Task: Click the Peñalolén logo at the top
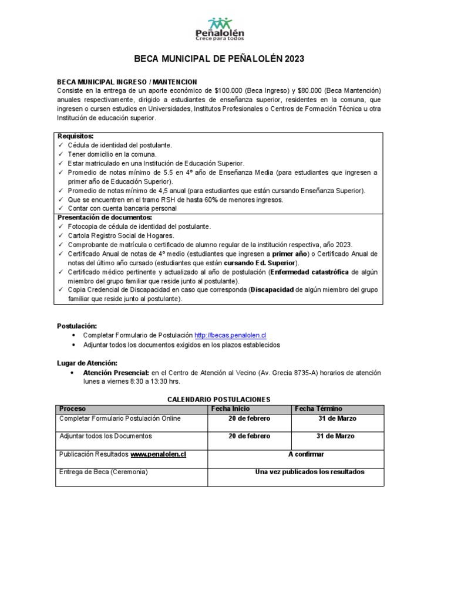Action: tap(220, 29)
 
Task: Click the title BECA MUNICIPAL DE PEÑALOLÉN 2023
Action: tap(220, 59)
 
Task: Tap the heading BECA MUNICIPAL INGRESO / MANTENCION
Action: tap(127, 82)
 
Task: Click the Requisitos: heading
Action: tap(76, 136)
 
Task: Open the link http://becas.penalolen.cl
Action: tap(230, 335)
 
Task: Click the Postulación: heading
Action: tap(77, 326)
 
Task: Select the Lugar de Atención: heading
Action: tap(87, 363)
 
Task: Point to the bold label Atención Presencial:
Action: tap(116, 373)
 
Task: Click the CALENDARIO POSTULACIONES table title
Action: tap(219, 399)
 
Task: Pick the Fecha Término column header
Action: tap(318, 408)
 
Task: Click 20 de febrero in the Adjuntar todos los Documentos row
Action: tap(249, 436)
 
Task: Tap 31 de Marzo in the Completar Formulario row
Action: tap(336, 418)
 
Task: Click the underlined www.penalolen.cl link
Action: tap(158, 454)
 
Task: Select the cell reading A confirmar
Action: tap(306, 454)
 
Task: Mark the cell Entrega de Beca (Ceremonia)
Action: tap(103, 472)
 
